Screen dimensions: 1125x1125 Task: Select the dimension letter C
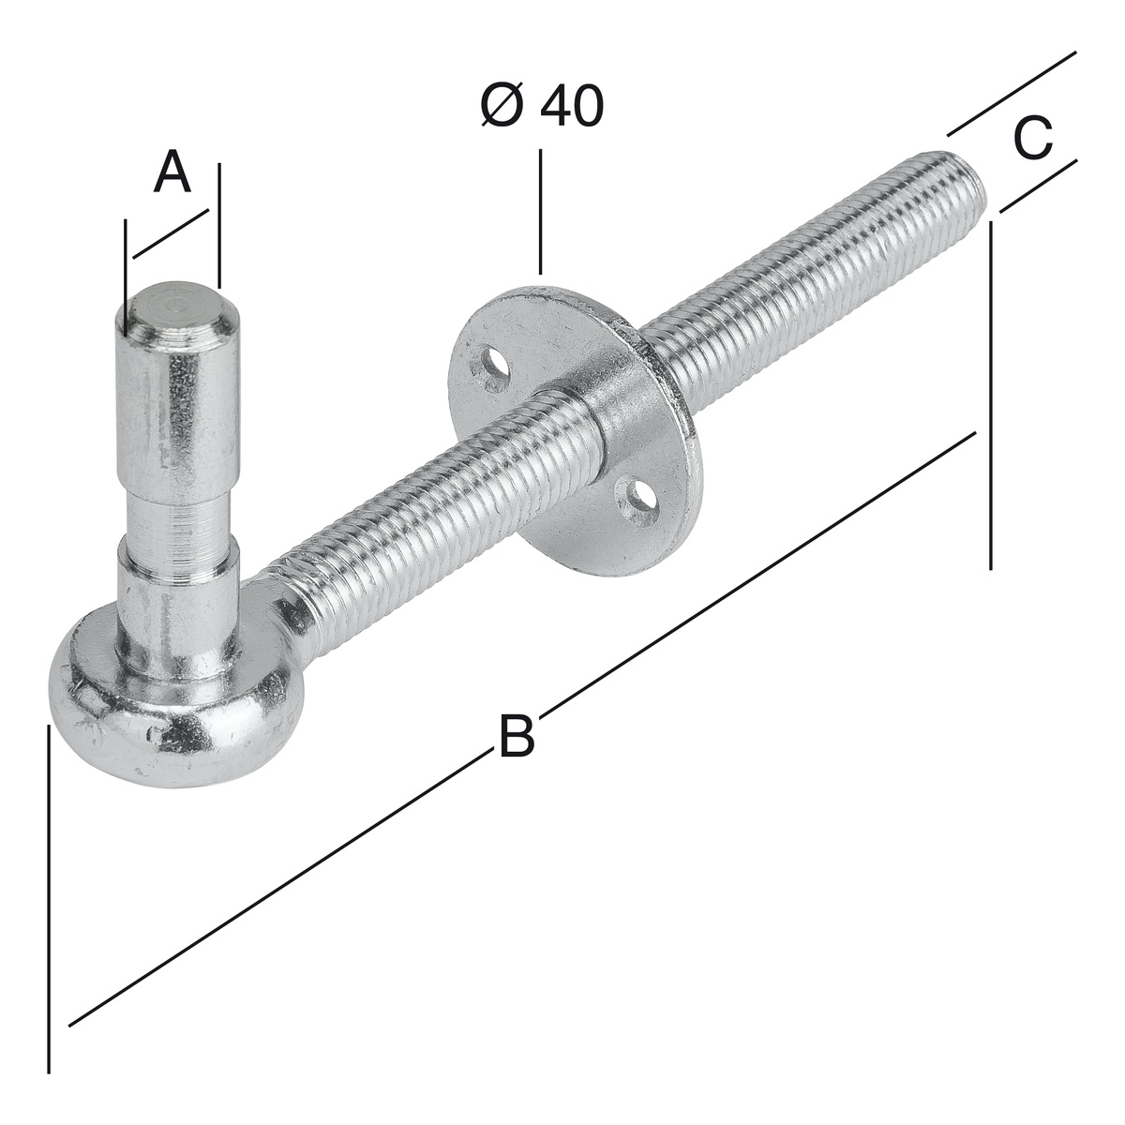1033,138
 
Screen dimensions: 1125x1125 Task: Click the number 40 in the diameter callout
572,106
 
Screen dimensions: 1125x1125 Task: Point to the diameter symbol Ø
502,106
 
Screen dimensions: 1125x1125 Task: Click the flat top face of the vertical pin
178,305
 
